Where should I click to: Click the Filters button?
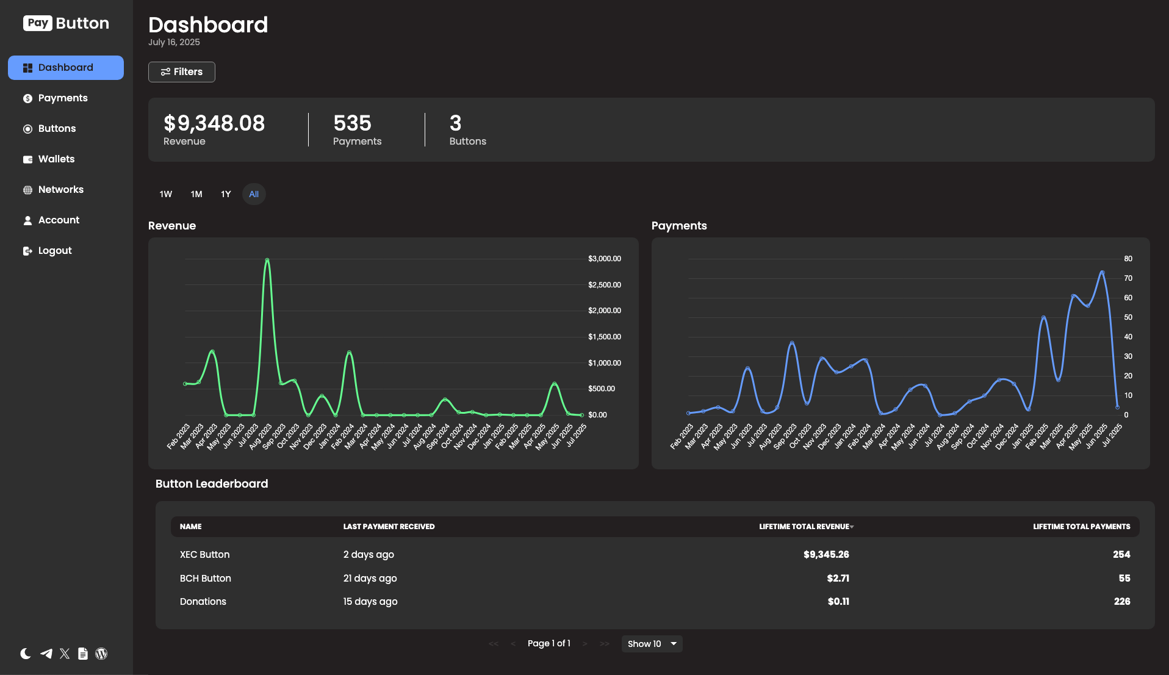pyautogui.click(x=181, y=72)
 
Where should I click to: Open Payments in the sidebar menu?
pyautogui.click(x=62, y=98)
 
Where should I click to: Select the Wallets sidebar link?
pyautogui.click(x=56, y=159)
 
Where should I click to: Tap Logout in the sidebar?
pyautogui.click(x=54, y=251)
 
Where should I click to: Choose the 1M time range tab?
pyautogui.click(x=196, y=194)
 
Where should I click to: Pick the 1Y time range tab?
pyautogui.click(x=226, y=194)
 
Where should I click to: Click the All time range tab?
pyautogui.click(x=254, y=194)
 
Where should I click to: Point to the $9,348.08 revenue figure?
pyautogui.click(x=214, y=123)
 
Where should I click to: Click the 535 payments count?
pyautogui.click(x=352, y=123)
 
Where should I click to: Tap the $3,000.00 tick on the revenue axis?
pyautogui.click(x=604, y=259)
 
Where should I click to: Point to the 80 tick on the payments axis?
pyautogui.click(x=1128, y=259)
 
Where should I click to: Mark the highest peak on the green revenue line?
pyautogui.click(x=267, y=260)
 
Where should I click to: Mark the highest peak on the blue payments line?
pyautogui.click(x=1102, y=272)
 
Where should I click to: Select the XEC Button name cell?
pyautogui.click(x=204, y=555)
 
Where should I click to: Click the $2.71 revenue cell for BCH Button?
pyautogui.click(x=838, y=579)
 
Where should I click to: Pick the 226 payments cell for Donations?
pyautogui.click(x=1121, y=602)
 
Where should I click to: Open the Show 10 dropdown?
pyautogui.click(x=652, y=644)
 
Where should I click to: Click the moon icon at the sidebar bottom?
pyautogui.click(x=26, y=654)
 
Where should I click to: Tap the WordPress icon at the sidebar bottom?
pyautogui.click(x=101, y=654)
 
